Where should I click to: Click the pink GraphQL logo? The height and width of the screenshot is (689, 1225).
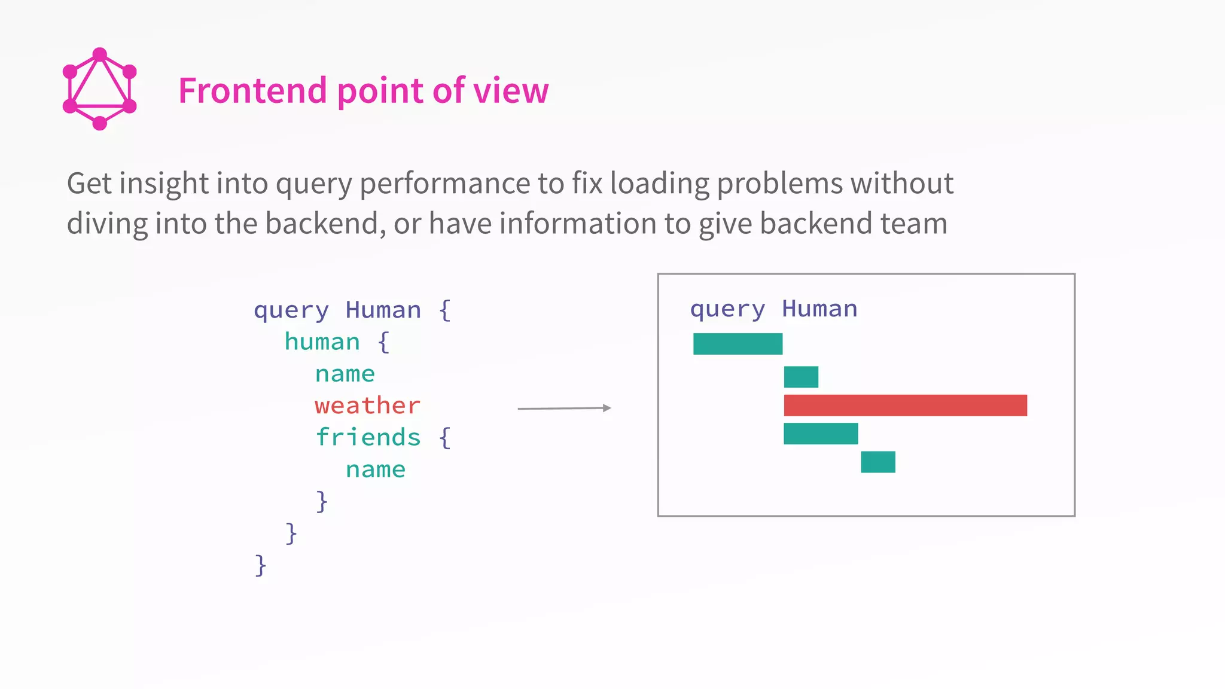coord(100,89)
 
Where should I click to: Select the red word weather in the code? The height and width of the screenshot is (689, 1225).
coord(367,406)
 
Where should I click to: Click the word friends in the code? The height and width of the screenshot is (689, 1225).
coord(368,437)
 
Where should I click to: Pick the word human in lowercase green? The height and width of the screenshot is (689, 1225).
coord(322,342)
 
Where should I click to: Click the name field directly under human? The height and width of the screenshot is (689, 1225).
coord(345,374)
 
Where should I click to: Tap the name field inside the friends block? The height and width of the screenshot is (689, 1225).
coord(375,470)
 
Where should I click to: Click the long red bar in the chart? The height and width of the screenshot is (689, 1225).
coord(905,406)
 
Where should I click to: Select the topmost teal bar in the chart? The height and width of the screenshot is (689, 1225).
coord(738,344)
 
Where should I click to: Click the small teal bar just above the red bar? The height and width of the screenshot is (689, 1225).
coord(801,377)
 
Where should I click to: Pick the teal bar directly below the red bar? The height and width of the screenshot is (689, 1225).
coord(821,434)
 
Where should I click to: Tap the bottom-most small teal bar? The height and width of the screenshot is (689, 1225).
coord(877,462)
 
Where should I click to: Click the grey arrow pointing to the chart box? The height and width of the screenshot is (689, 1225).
coord(564,408)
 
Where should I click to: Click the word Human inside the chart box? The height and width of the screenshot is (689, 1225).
coord(819,309)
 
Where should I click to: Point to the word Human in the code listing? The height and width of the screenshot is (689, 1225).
coord(383,310)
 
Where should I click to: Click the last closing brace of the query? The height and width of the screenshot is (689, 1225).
coord(260,565)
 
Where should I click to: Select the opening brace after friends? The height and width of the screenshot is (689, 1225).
coord(444,438)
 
